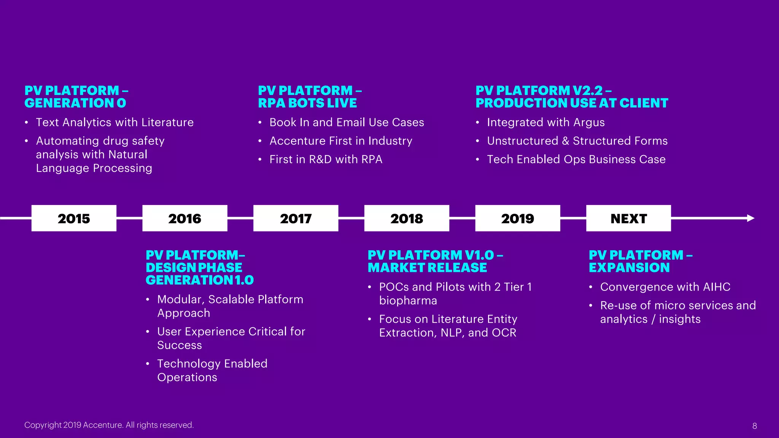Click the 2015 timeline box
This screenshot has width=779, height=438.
tap(74, 218)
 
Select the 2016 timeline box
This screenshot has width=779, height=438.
tap(185, 218)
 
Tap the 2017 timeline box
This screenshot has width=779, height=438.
tap(296, 218)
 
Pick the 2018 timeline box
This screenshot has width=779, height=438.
tap(407, 218)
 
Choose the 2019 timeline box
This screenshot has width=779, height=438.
tap(517, 218)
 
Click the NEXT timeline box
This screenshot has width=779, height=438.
tap(628, 218)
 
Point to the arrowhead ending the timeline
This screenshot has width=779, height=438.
tap(750, 218)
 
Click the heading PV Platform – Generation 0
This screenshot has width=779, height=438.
tap(76, 97)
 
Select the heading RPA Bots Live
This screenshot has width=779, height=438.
tap(307, 103)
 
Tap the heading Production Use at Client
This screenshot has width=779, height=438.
tap(572, 103)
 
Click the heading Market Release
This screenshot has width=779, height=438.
tap(427, 267)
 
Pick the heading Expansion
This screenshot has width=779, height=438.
tap(629, 267)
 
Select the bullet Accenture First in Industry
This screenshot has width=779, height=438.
tap(341, 141)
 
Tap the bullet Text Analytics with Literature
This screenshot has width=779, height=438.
tap(114, 122)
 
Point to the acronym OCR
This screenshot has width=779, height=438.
tap(504, 333)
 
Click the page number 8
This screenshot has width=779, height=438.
tap(755, 426)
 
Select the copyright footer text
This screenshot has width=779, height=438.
tap(109, 425)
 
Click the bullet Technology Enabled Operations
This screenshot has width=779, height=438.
tap(212, 370)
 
